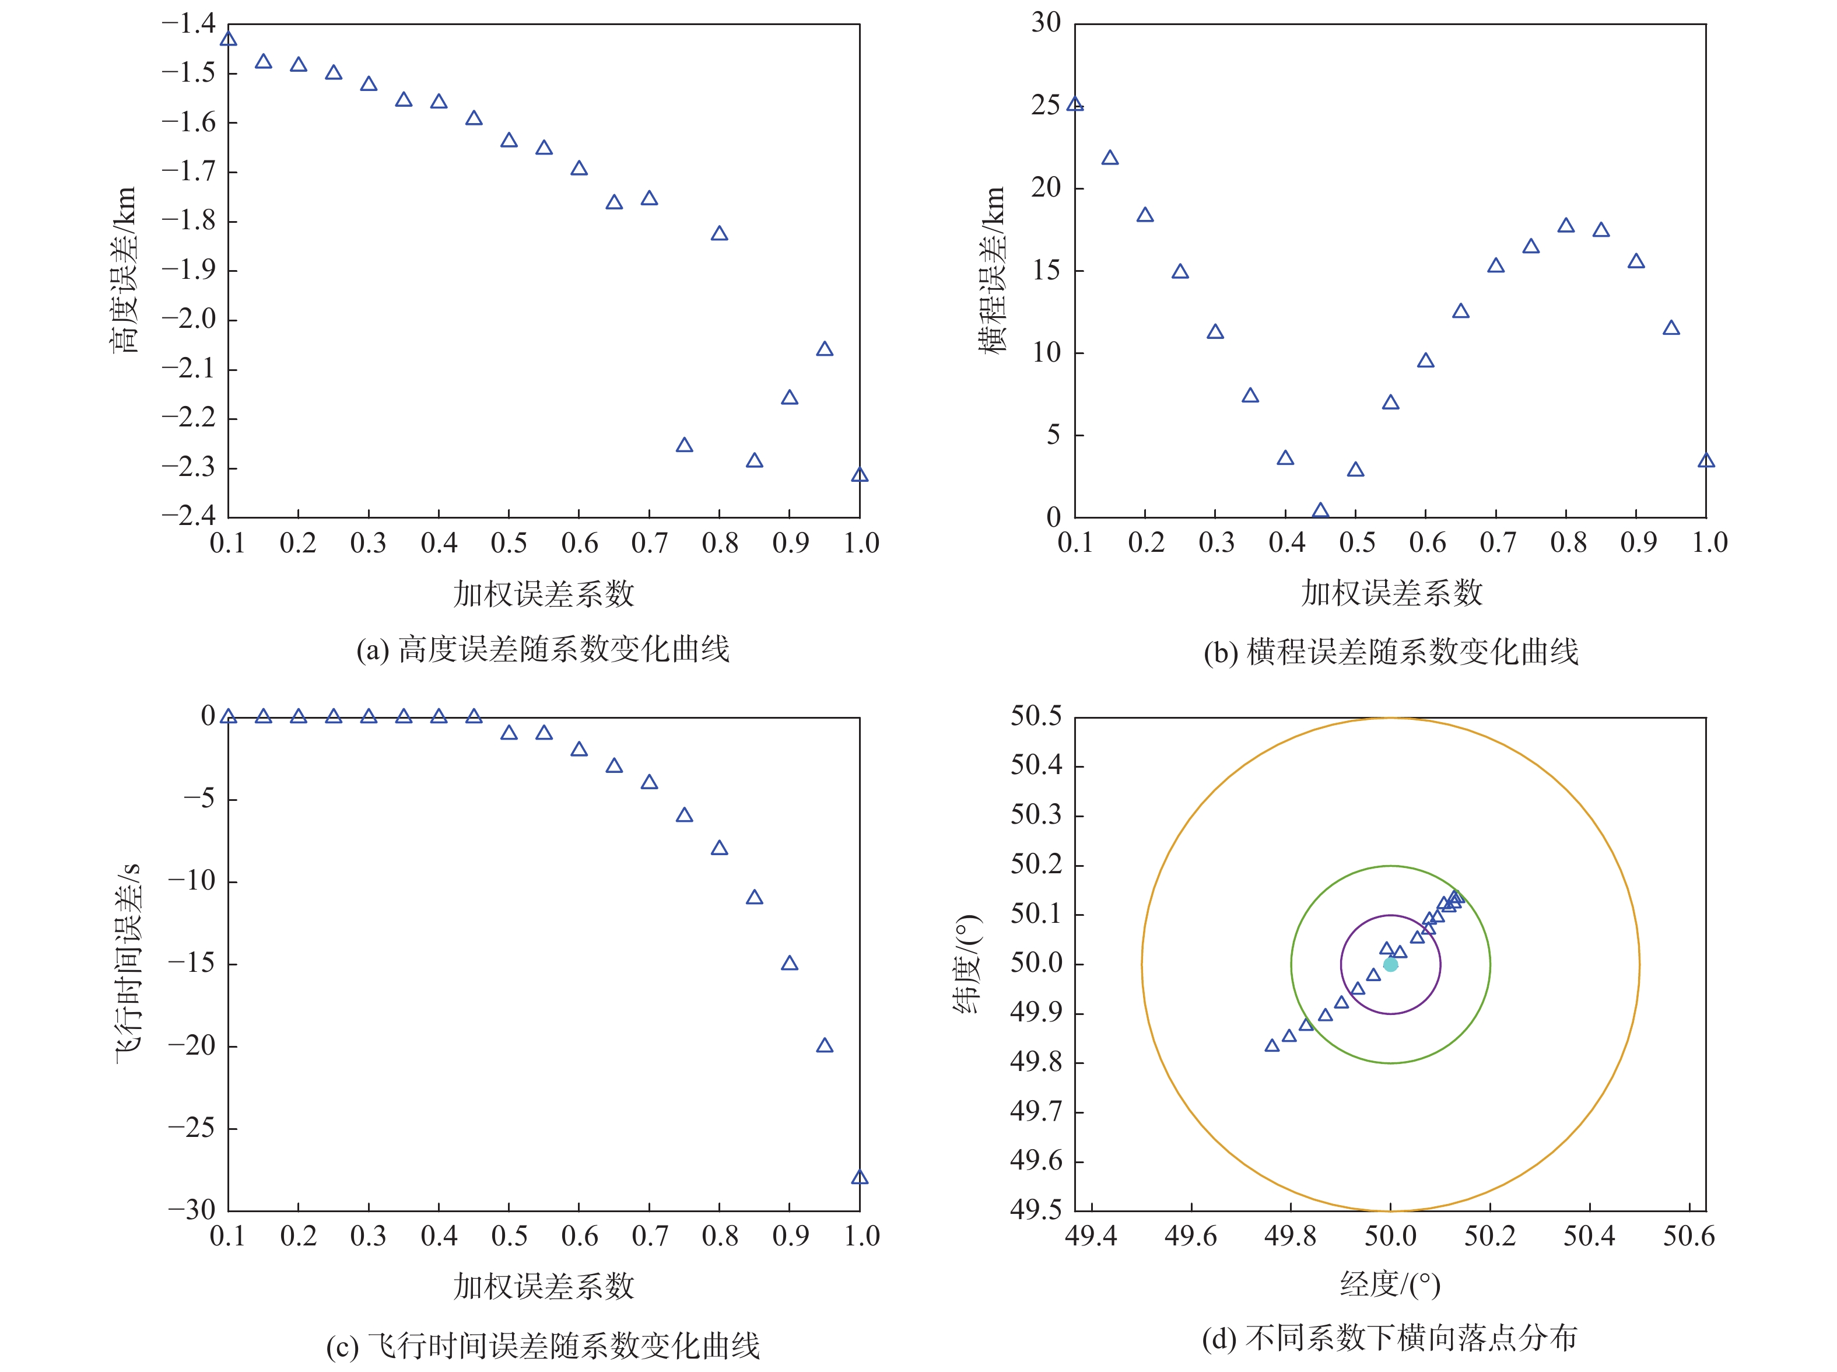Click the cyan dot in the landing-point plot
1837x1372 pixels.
pyautogui.click(x=1390, y=964)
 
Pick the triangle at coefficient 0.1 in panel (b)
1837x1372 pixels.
pyautogui.click(x=1075, y=104)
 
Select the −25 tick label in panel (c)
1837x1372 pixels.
pyautogui.click(x=191, y=1128)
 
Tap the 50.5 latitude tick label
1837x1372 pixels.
pyautogui.click(x=1035, y=716)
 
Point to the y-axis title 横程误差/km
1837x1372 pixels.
pyautogui.click(x=991, y=270)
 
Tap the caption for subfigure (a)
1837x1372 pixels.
pyautogui.click(x=543, y=649)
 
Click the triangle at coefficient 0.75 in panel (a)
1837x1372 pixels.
pyautogui.click(x=684, y=445)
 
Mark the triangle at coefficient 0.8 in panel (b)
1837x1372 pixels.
pyautogui.click(x=1566, y=226)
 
